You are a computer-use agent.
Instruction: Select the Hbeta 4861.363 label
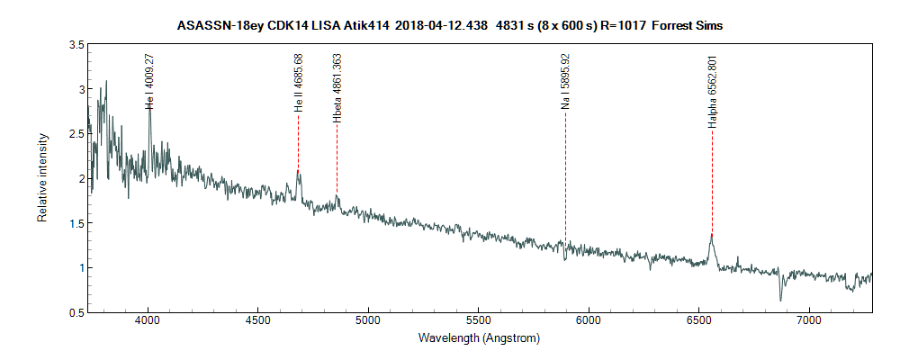pos(337,88)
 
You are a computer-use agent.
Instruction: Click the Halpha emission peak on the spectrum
pos(712,235)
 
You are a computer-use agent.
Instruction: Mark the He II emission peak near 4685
pos(298,171)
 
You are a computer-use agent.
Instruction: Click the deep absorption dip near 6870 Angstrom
pos(780,300)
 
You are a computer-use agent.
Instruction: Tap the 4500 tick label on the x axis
pos(258,320)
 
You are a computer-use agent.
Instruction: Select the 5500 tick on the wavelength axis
pos(478,320)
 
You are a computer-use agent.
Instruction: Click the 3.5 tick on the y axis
pos(76,44)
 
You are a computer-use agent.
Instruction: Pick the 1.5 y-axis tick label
pos(76,223)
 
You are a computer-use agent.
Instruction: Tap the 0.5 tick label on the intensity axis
pos(76,312)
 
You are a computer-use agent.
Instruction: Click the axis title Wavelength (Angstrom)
pos(479,338)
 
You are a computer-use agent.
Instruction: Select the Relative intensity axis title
pos(41,178)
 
